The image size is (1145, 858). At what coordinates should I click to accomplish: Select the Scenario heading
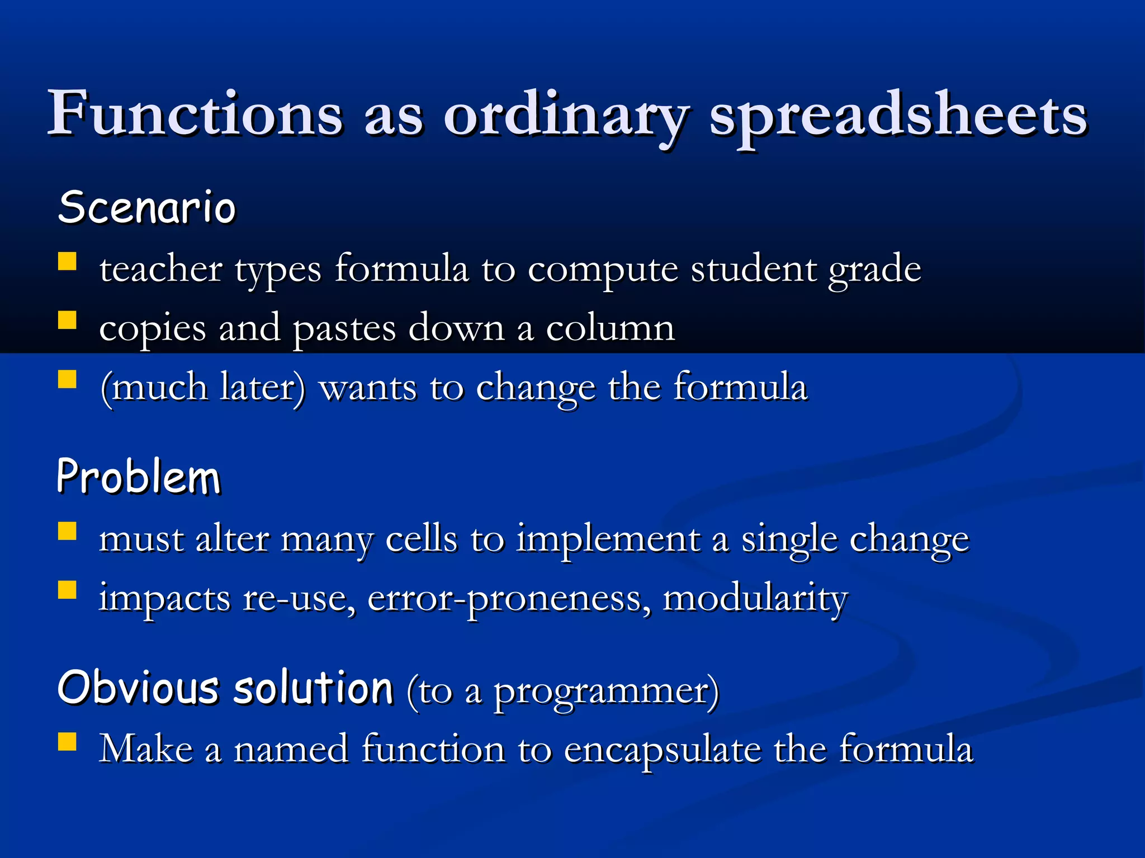coord(147,207)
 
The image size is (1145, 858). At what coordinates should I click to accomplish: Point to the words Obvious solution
coord(225,688)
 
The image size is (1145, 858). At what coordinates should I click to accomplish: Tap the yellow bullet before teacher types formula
coord(67,261)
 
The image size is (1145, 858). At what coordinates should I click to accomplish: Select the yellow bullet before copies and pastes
coord(67,320)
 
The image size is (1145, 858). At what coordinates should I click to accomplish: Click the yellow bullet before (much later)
coord(67,379)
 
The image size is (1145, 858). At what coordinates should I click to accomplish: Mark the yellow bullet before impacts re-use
coord(67,590)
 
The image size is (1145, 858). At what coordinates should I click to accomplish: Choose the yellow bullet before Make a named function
coord(67,741)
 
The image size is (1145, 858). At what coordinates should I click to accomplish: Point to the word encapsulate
coord(662,751)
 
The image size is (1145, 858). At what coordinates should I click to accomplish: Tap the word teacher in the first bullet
coord(160,269)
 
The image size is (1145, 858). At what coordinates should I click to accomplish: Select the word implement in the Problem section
coord(608,541)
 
